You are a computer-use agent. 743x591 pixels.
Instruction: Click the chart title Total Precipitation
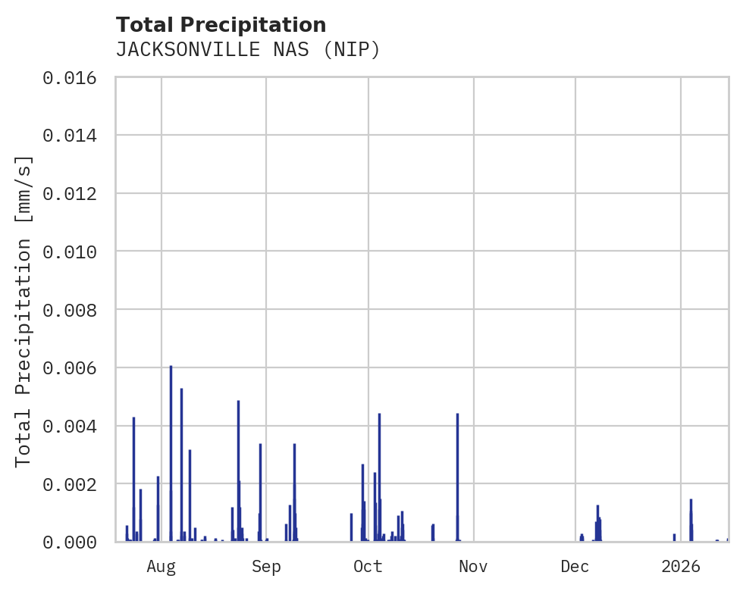[x=221, y=24]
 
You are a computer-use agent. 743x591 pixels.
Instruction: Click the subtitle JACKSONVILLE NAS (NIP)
[x=247, y=50]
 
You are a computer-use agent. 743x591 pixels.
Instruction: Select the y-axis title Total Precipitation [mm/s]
[x=24, y=310]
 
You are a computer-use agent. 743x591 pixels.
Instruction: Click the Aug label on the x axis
[x=161, y=566]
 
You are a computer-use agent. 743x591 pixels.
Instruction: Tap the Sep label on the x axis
[x=266, y=566]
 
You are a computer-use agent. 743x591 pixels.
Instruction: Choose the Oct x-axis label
[x=368, y=566]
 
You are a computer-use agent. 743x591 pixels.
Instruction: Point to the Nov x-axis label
[x=473, y=566]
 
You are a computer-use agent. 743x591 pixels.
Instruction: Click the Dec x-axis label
[x=575, y=566]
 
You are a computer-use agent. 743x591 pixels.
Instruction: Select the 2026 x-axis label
[x=681, y=566]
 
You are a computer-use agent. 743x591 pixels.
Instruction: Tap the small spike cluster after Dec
[x=597, y=523]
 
